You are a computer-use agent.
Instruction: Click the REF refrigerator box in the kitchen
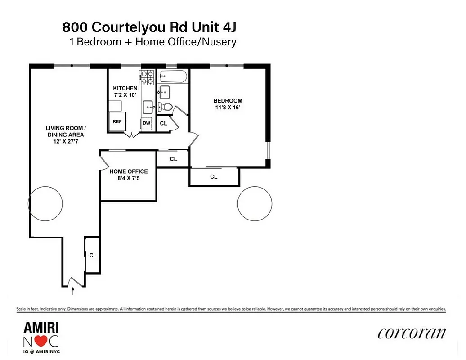click(x=117, y=121)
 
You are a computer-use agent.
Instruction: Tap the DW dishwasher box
click(x=147, y=123)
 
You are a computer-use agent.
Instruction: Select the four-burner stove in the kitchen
click(x=147, y=78)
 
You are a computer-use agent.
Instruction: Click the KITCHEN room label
click(x=125, y=88)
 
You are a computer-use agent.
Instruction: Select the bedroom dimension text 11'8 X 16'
click(x=228, y=107)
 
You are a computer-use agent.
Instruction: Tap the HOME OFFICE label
click(x=129, y=171)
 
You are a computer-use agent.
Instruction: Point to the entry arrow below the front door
click(x=73, y=291)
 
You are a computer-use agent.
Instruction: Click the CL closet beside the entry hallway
click(x=93, y=255)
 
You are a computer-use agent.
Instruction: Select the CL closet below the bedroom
click(x=214, y=177)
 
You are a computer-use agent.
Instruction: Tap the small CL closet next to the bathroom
click(x=163, y=123)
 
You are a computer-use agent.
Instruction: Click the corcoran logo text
click(x=412, y=333)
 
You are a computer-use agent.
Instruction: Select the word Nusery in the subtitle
click(x=219, y=42)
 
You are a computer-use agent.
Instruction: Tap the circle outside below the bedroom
click(x=255, y=204)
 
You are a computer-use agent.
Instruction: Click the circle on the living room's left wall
click(x=45, y=203)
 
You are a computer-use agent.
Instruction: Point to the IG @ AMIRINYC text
click(x=40, y=351)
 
